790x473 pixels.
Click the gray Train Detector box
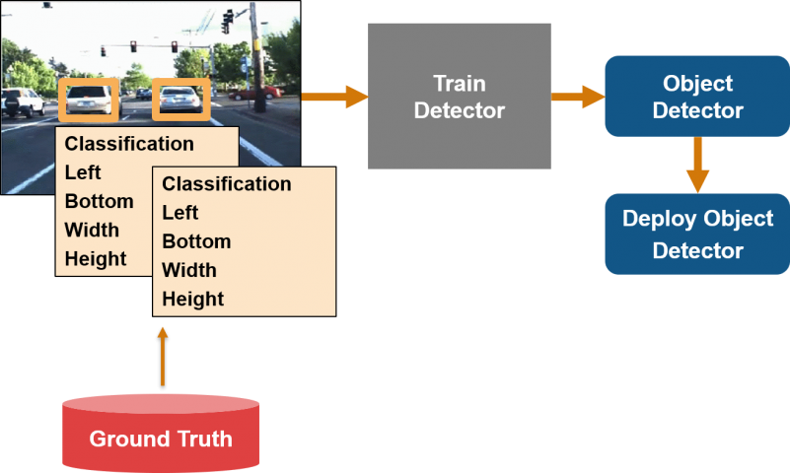pos(459,96)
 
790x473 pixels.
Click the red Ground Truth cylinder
pos(161,434)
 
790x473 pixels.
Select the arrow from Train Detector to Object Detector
pos(578,97)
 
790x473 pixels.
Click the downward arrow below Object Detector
pos(697,164)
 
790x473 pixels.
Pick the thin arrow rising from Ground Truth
pos(163,357)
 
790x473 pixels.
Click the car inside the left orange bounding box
pos(89,100)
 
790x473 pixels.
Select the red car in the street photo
pos(255,93)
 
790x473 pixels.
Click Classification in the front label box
pos(227,184)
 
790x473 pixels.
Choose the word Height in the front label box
pos(193,300)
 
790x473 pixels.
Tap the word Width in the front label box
pos(189,270)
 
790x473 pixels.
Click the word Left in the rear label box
pos(83,172)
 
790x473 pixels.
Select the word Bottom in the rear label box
pos(99,201)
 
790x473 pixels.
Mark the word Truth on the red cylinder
pos(201,439)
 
